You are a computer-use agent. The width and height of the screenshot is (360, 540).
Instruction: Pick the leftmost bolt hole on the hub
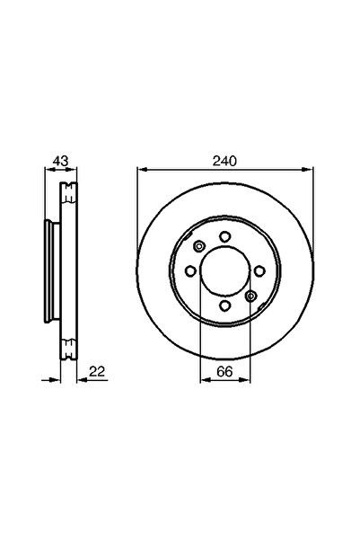pos(189,272)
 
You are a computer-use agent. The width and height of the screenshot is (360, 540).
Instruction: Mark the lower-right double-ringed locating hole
pos(250,297)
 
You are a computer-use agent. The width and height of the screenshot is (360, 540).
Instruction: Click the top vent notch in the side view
pos(67,192)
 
